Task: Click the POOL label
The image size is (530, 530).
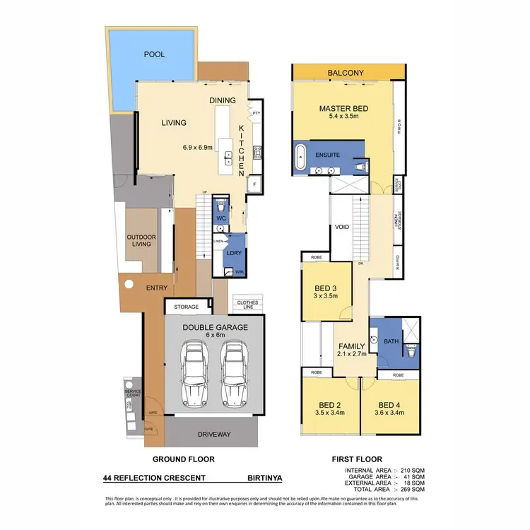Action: click(153, 54)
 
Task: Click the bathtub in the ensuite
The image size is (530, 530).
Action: click(303, 154)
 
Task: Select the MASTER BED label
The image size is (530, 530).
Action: click(341, 107)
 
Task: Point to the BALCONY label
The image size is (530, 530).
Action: click(346, 73)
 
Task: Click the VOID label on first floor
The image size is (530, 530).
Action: click(343, 228)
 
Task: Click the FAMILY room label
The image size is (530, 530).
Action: click(351, 346)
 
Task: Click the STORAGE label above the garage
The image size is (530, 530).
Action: click(187, 307)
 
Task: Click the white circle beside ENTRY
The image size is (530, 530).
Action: click(129, 285)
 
